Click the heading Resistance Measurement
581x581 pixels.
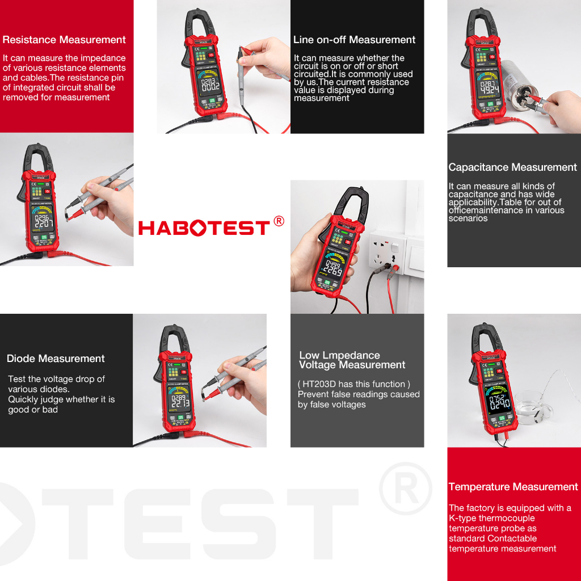pos(64,40)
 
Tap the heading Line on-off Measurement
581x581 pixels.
pos(355,40)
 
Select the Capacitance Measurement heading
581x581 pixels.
pos(512,167)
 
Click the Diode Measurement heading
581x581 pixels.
pos(56,359)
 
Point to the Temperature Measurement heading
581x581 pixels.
pos(513,487)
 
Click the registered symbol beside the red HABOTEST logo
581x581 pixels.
pos(279,221)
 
